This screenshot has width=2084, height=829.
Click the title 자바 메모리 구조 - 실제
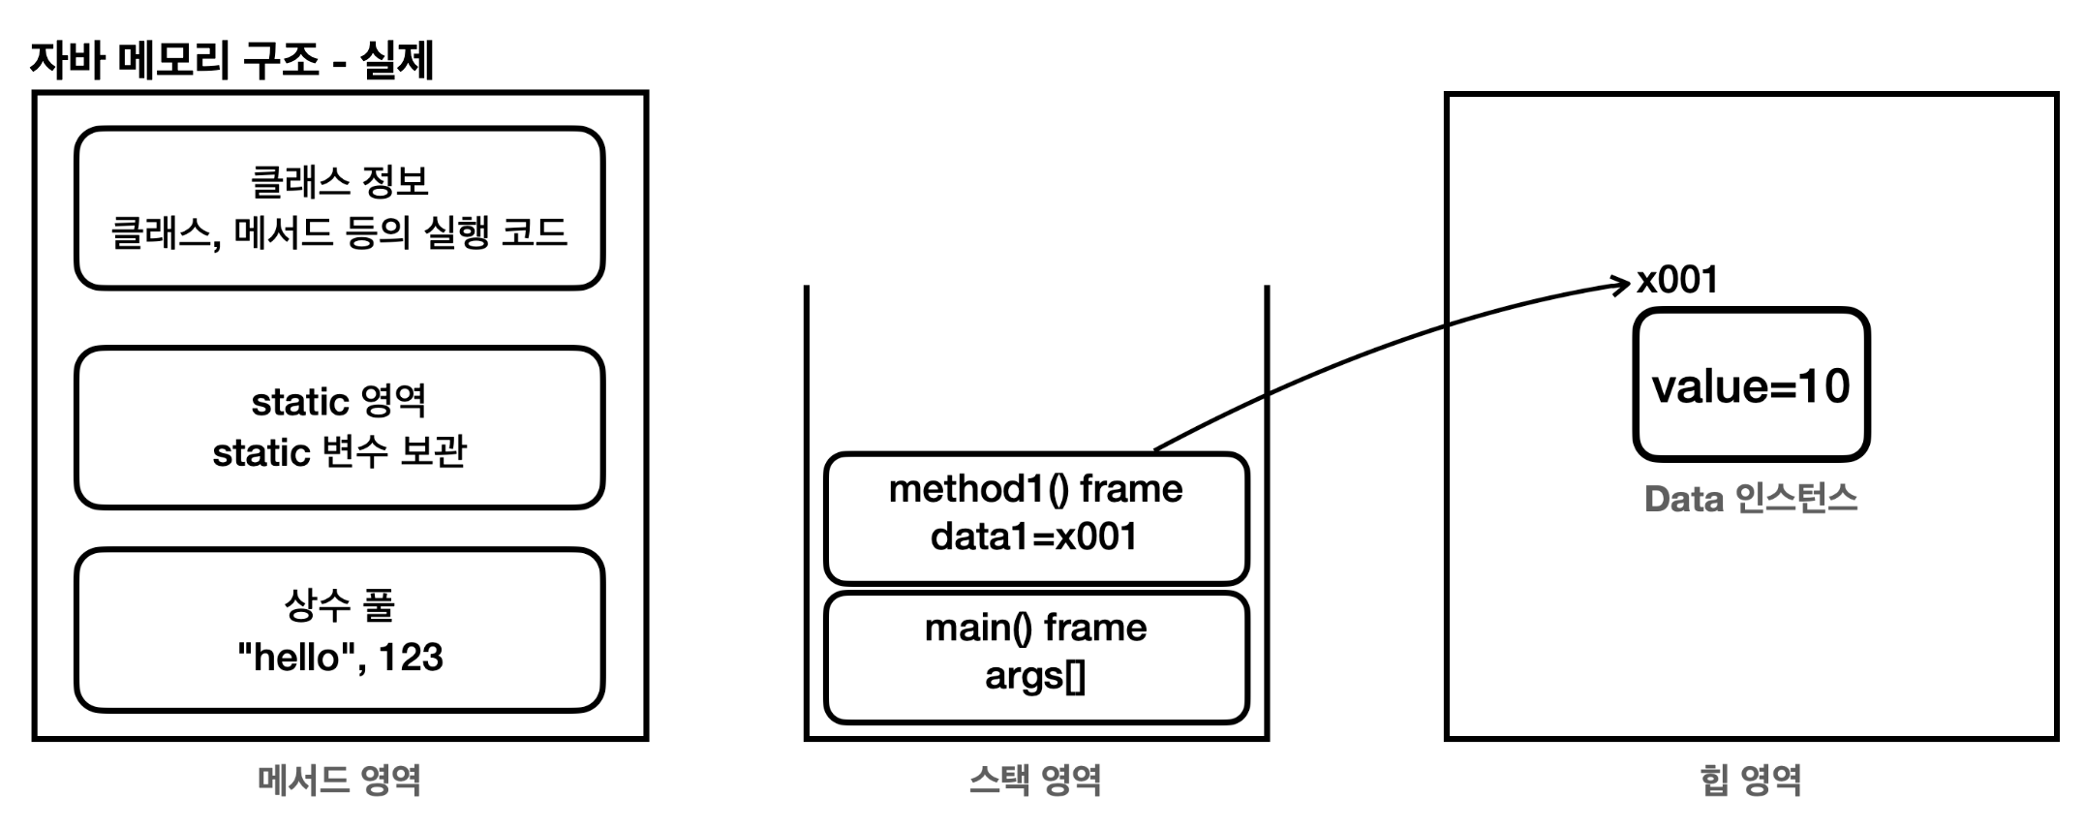pos(231,60)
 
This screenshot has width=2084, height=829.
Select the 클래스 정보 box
pos(339,207)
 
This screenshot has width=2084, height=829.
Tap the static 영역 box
pos(339,427)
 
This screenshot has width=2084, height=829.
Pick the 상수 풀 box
pos(339,629)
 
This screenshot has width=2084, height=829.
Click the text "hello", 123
pos(339,658)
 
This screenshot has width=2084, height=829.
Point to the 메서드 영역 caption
pos(339,780)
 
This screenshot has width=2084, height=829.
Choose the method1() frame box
pos(1035,517)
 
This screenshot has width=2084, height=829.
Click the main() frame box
pos(1035,657)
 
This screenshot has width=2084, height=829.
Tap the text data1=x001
pos(1034,537)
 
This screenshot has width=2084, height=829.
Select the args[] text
pos(1034,676)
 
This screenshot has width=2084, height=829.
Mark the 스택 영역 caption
pos(1034,780)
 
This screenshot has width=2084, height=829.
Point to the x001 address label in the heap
pos(1677,280)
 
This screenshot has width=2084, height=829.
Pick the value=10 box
pos(1751,385)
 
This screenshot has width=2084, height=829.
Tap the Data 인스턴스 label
pos(1751,499)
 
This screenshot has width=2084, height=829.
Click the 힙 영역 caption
pos(1751,780)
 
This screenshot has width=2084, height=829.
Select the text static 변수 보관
pos(339,451)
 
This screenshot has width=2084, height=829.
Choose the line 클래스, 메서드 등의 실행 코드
pos(339,232)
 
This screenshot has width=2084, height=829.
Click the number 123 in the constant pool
pos(411,658)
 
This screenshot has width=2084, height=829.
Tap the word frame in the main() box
pos(1095,629)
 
